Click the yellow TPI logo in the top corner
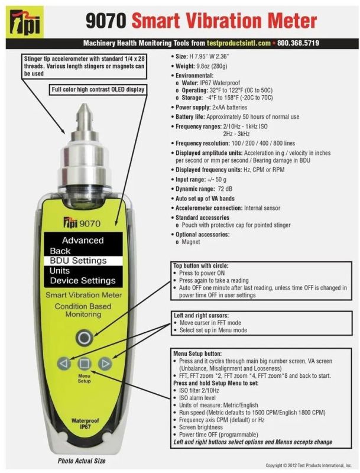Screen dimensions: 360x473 (25, 22)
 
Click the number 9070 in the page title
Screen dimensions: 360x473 (105, 21)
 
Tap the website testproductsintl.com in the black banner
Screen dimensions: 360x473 (238, 43)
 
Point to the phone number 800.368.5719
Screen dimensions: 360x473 (298, 43)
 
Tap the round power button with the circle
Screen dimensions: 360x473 (84, 337)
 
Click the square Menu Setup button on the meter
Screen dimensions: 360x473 (84, 364)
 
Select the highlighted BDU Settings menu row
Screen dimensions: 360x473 (83, 261)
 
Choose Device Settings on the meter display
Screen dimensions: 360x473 (83, 281)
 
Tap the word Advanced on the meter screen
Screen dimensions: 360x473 (83, 241)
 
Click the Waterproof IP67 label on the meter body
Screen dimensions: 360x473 (85, 423)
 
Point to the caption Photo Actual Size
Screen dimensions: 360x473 (82, 461)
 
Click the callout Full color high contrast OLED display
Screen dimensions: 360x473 (98, 89)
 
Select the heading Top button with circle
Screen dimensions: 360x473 (201, 265)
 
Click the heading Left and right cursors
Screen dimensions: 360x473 (201, 316)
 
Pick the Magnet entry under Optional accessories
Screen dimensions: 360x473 (190, 242)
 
